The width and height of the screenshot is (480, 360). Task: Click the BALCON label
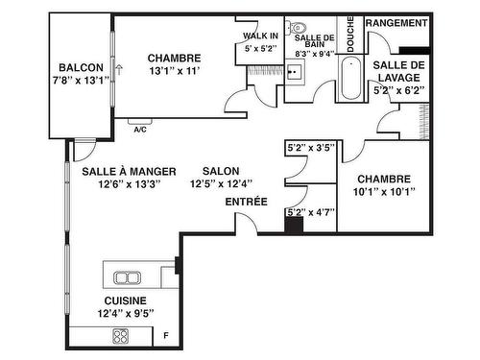tap(82, 67)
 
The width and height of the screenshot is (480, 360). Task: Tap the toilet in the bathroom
tap(297, 28)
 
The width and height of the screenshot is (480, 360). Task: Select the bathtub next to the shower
tap(351, 79)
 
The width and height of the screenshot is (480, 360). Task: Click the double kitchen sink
tap(128, 277)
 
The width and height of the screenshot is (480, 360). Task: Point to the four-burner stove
tap(121, 336)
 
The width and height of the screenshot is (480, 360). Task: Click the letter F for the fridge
tap(166, 336)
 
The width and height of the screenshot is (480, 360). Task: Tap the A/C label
tap(140, 130)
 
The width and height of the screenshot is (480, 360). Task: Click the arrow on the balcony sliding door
tap(119, 70)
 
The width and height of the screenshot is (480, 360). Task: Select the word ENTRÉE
tap(247, 202)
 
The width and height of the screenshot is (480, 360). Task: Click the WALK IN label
tap(260, 36)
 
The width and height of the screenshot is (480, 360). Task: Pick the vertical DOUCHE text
tap(350, 35)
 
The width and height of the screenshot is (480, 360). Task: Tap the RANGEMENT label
tap(396, 23)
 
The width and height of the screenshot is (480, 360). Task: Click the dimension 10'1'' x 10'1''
tap(384, 192)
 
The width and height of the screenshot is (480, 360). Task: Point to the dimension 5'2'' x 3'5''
tap(311, 148)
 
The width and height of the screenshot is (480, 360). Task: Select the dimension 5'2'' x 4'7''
tap(311, 212)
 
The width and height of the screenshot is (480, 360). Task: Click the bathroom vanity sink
tap(295, 72)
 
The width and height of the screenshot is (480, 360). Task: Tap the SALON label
tap(221, 171)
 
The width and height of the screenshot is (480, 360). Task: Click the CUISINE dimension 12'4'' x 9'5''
tap(126, 313)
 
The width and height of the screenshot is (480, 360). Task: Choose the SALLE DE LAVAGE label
tap(399, 71)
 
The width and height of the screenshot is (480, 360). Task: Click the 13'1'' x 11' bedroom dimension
tap(175, 71)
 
